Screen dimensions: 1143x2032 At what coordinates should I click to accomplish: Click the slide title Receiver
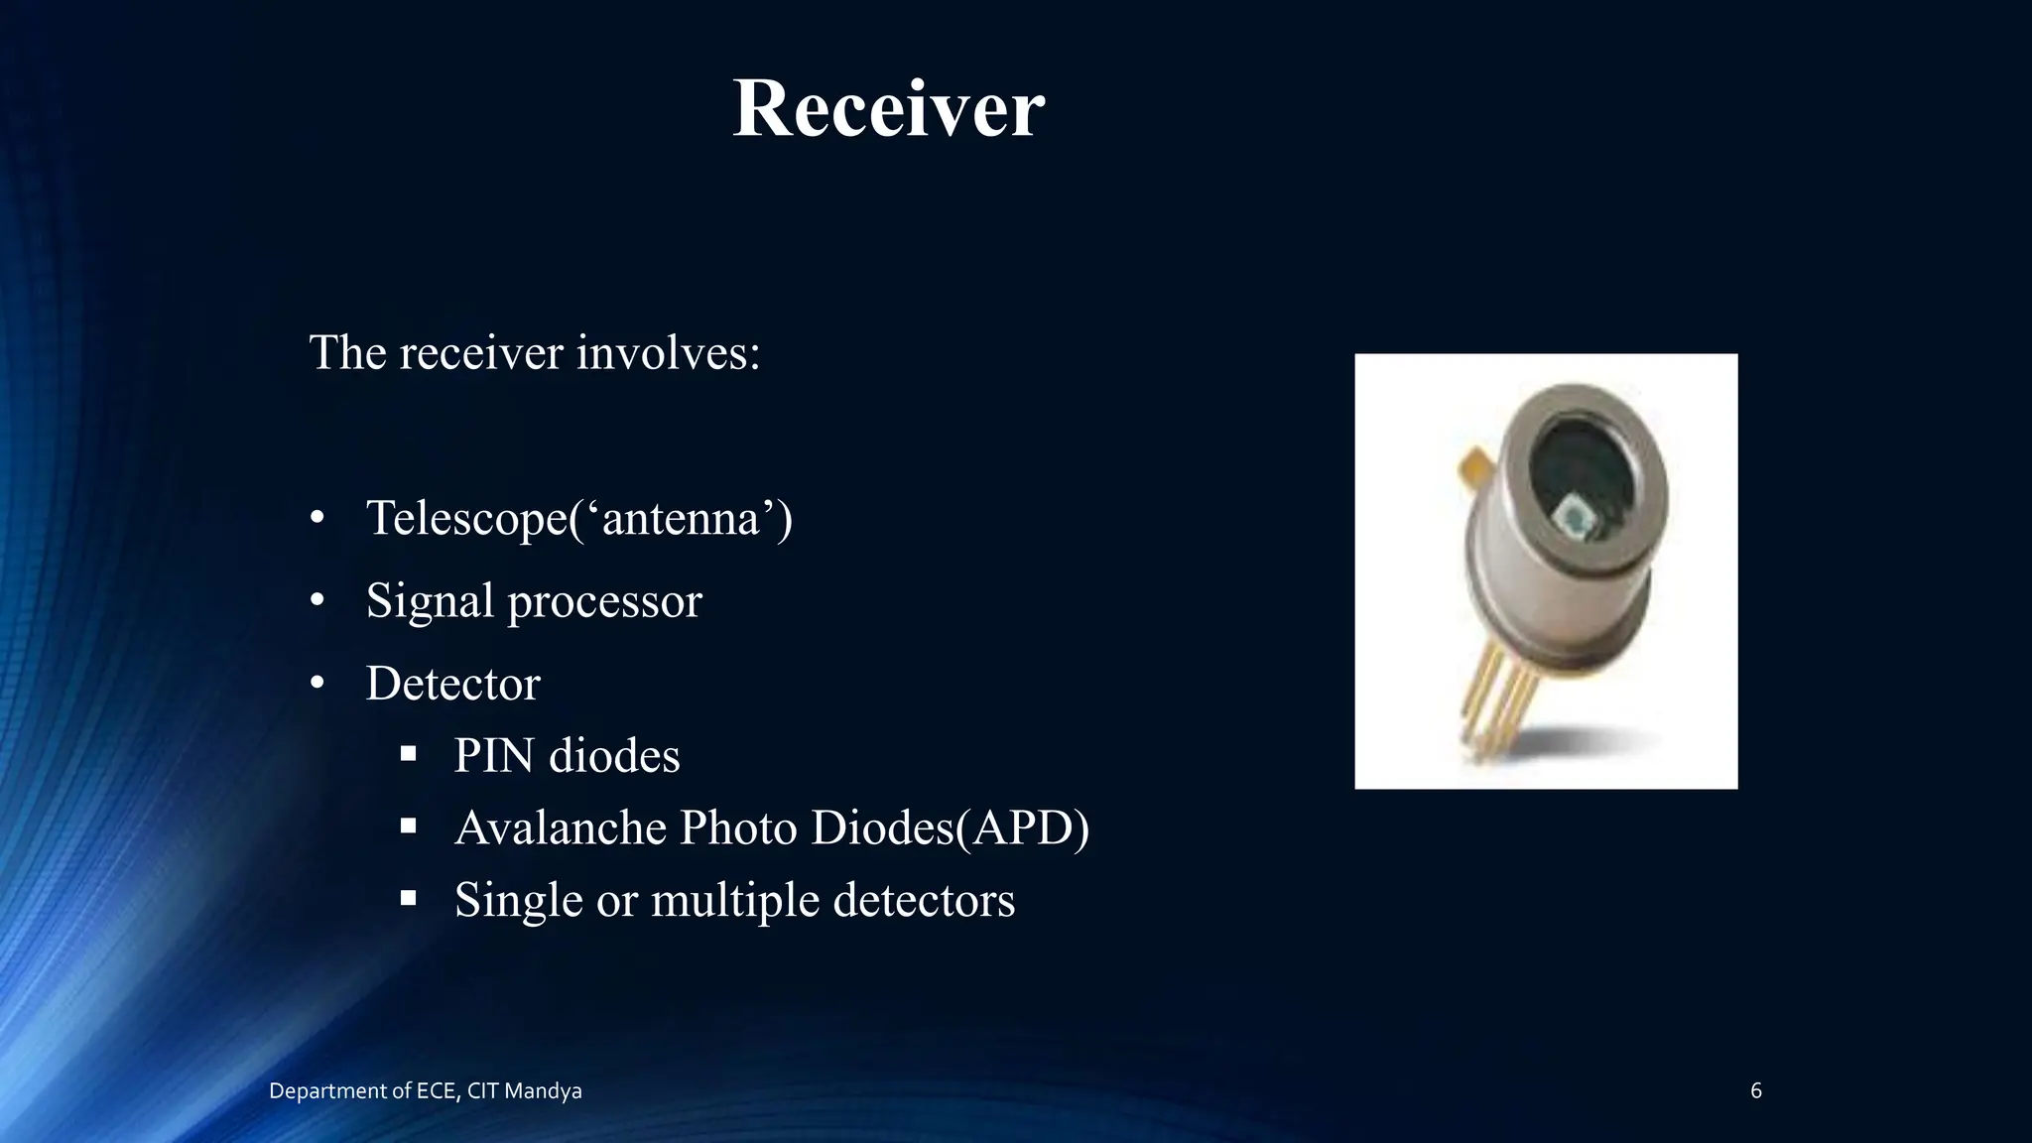pos(888,108)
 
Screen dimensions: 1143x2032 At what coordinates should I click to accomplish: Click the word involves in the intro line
pos(668,352)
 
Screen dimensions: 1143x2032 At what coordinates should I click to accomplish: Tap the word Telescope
pos(467,518)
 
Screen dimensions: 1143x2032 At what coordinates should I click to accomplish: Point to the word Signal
pos(430,601)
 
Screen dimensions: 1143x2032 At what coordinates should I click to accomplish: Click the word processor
pos(604,601)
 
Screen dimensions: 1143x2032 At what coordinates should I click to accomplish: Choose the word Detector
pos(452,684)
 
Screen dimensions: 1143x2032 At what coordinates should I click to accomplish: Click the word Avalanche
pos(559,827)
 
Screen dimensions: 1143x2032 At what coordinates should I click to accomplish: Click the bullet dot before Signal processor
pos(317,600)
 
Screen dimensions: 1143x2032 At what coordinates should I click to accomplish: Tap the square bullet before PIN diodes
pos(408,754)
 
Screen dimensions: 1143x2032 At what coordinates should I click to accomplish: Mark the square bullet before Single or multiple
pos(408,898)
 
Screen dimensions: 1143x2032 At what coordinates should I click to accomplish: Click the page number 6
pos(1755,1091)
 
